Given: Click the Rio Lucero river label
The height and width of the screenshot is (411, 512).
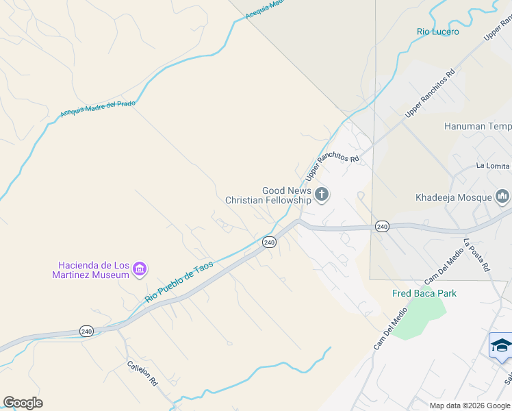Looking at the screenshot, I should click(x=437, y=32).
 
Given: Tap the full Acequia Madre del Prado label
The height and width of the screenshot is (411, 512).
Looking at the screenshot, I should click(x=98, y=109).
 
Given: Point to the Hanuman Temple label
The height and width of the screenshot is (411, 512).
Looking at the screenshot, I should click(x=478, y=127).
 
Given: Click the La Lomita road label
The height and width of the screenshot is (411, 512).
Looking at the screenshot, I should click(x=493, y=166).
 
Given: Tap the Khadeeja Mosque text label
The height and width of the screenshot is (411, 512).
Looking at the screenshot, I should click(x=454, y=198).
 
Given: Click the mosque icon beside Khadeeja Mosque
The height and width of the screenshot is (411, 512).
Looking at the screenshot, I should click(x=502, y=197).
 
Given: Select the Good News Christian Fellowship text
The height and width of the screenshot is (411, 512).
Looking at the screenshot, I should click(x=268, y=195).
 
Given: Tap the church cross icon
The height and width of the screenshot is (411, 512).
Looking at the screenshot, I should click(x=322, y=196).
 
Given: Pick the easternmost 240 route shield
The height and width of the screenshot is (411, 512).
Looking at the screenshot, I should click(x=382, y=227).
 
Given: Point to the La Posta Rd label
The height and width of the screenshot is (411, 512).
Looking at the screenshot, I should click(x=476, y=256).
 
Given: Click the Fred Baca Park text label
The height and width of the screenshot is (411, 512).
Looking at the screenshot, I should click(x=424, y=293).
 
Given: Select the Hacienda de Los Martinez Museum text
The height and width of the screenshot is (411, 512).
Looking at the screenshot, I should click(x=93, y=270).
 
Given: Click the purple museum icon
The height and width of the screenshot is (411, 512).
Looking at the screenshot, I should click(x=140, y=269).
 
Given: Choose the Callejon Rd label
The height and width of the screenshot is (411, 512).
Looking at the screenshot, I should click(x=142, y=373).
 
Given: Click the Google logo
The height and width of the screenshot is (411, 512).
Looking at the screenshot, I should click(x=23, y=403).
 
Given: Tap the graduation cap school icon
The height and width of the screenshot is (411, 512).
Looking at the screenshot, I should click(x=501, y=345).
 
